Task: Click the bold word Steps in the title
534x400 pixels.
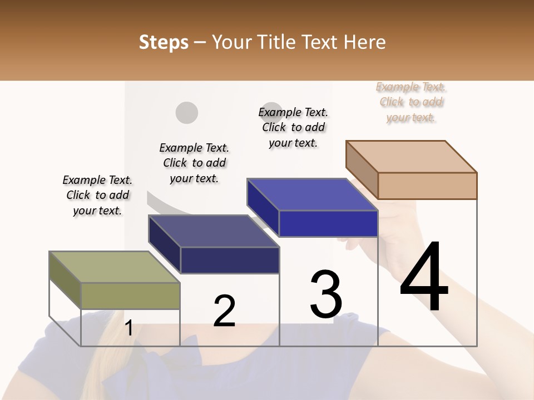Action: (x=164, y=42)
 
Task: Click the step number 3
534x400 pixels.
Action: (x=326, y=294)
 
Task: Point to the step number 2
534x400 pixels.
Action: (x=224, y=311)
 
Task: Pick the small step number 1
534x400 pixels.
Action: (x=128, y=328)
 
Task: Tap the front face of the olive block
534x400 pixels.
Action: (x=131, y=296)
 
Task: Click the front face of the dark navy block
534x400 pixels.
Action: (x=230, y=260)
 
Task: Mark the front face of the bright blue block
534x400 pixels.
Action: (x=328, y=223)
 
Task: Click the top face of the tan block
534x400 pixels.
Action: (x=412, y=157)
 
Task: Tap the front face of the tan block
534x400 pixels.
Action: (x=427, y=186)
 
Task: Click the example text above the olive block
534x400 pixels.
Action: (x=97, y=195)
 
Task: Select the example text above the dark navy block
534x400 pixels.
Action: (x=194, y=163)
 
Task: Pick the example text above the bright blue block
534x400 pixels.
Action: (x=293, y=127)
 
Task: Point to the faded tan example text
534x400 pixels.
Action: (x=411, y=102)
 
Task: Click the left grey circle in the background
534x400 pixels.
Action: (x=187, y=113)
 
